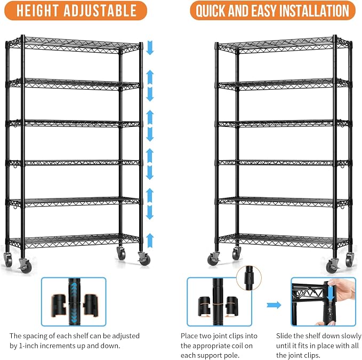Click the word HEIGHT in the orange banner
click(37, 11)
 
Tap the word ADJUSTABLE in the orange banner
click(100, 11)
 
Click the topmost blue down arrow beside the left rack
click(150, 48)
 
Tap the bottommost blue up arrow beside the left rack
click(150, 241)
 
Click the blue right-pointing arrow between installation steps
click(274, 305)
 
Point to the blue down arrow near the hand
click(332, 291)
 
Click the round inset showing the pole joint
click(249, 278)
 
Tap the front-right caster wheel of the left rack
click(144, 259)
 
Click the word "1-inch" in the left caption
click(30, 346)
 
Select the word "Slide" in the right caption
click(284, 336)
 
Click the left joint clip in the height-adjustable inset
click(59, 305)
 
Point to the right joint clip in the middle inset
click(231, 306)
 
